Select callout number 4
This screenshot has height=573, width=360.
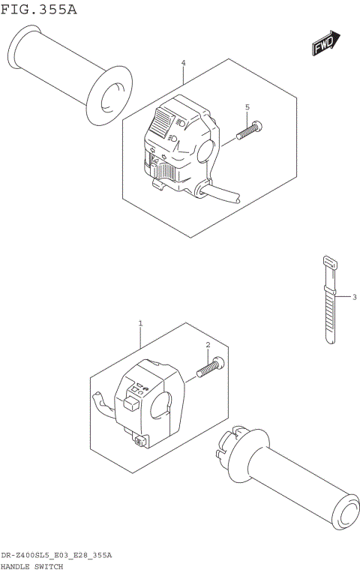(x=182, y=64)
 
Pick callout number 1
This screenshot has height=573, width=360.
(x=139, y=323)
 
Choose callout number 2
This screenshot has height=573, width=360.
(x=207, y=344)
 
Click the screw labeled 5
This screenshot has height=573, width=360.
(x=249, y=130)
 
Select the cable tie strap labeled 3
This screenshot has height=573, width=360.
(x=329, y=300)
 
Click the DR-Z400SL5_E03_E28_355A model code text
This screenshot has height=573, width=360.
(x=56, y=555)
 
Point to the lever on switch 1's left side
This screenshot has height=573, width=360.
(x=103, y=402)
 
